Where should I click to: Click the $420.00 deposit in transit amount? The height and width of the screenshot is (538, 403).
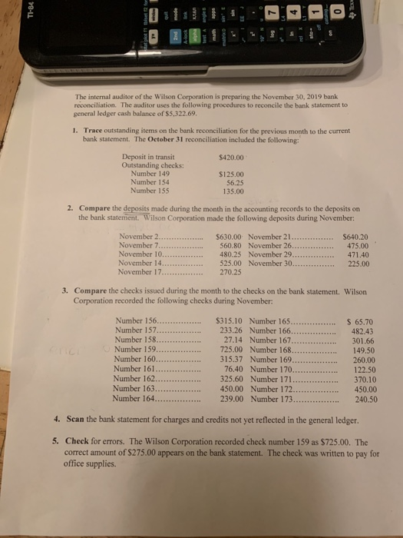[x=231, y=158]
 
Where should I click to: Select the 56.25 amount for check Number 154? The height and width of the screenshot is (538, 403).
[x=233, y=183]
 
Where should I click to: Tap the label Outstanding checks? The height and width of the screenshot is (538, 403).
[x=151, y=165]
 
